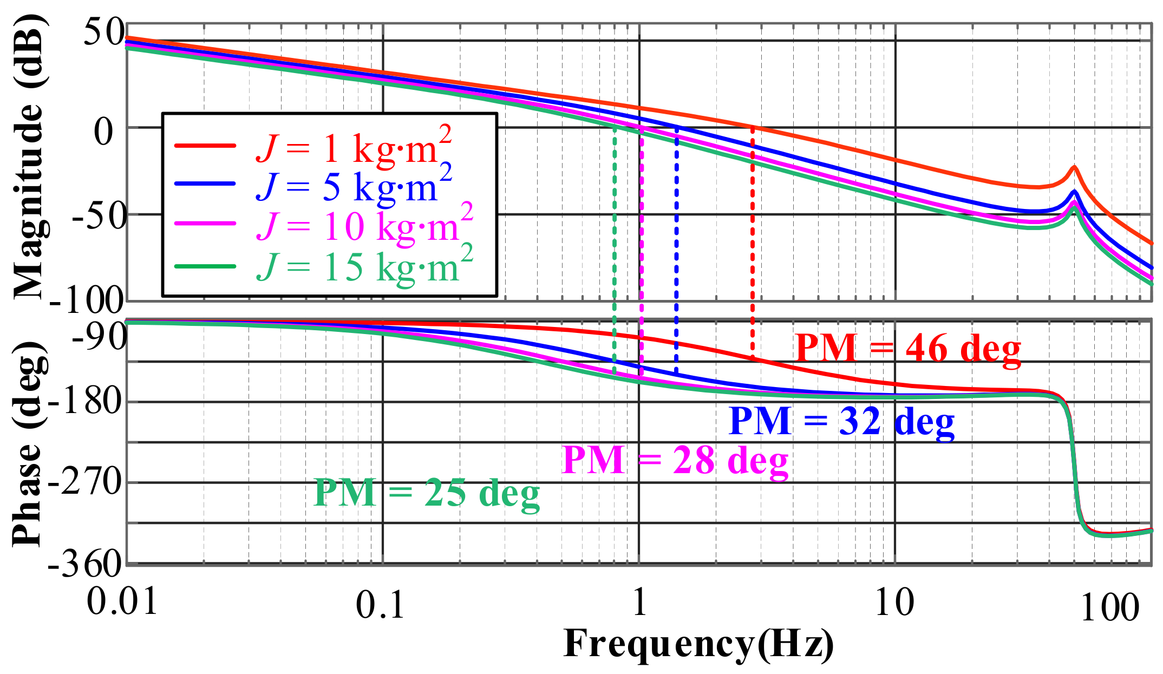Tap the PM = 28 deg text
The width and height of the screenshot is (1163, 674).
point(675,461)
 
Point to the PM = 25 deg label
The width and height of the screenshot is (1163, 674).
point(427,494)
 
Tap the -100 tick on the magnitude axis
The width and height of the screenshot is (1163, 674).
point(87,300)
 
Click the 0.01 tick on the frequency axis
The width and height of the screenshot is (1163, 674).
point(122,601)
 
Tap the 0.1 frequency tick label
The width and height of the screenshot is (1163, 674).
point(380,605)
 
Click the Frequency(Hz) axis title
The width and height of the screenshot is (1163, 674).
point(698,644)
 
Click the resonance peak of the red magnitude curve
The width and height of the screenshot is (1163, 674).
point(1074,167)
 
